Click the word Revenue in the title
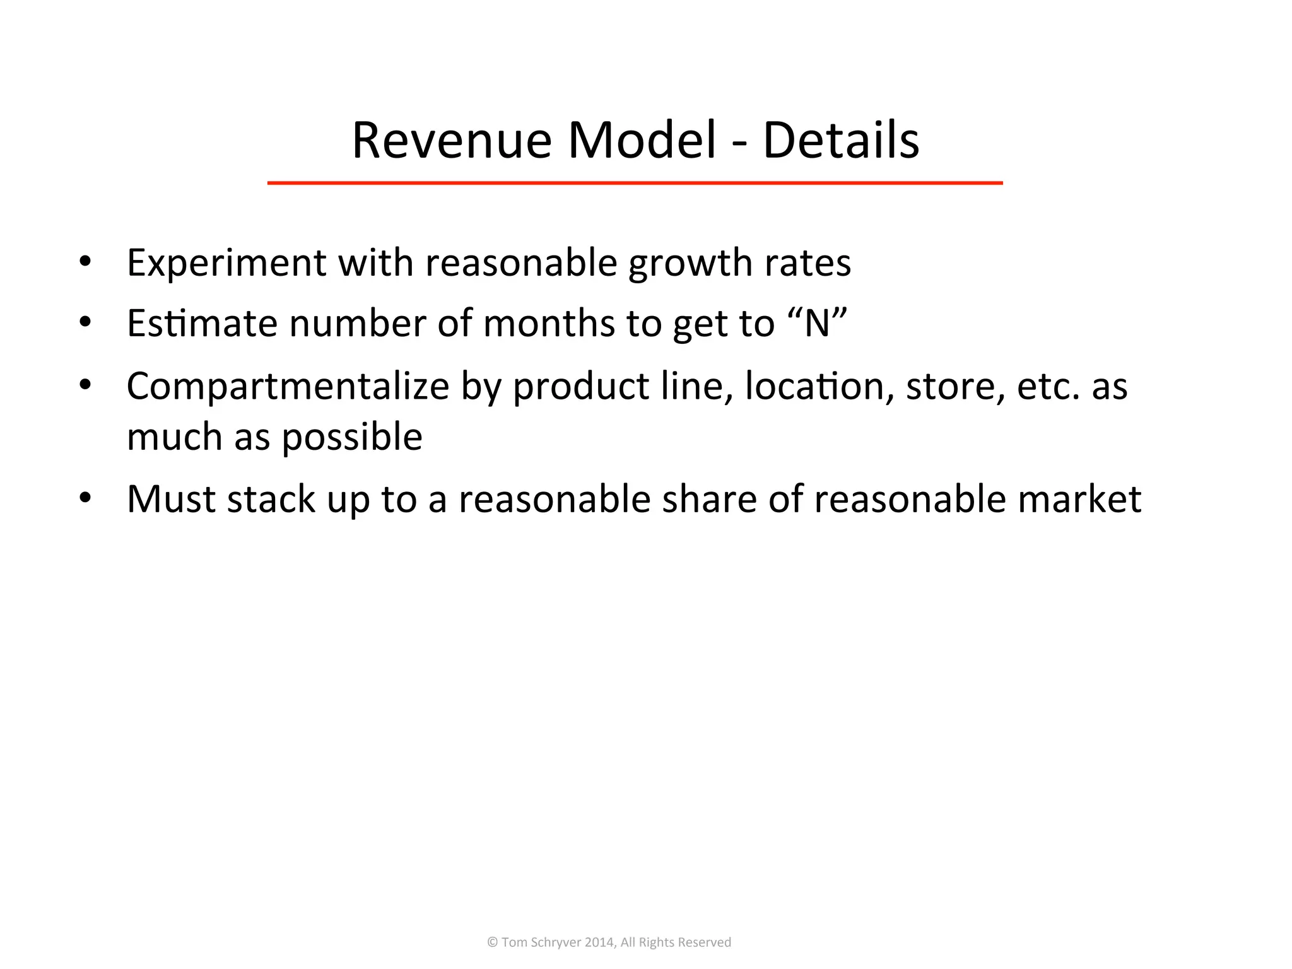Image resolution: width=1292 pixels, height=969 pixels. coord(451,140)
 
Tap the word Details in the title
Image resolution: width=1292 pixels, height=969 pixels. coord(840,140)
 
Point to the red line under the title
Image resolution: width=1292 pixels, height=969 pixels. coord(635,183)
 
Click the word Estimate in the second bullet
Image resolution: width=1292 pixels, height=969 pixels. coord(202,323)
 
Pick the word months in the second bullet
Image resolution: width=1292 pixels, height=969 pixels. coord(548,323)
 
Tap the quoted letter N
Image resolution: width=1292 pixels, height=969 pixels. coord(817,323)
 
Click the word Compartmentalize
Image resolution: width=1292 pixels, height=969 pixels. coord(288,386)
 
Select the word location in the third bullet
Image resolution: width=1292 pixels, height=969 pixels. coord(819,386)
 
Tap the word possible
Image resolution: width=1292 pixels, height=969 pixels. coord(351,437)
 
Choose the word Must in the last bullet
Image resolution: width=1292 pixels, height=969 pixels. coord(170,499)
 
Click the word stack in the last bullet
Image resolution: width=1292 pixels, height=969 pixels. coord(271,499)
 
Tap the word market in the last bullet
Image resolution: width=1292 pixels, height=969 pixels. coord(1079,499)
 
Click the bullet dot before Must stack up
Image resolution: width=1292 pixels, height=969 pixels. coord(85,498)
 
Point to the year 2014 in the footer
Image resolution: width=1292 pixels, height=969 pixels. coord(599,943)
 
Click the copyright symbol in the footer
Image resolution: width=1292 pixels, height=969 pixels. coord(493,943)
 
